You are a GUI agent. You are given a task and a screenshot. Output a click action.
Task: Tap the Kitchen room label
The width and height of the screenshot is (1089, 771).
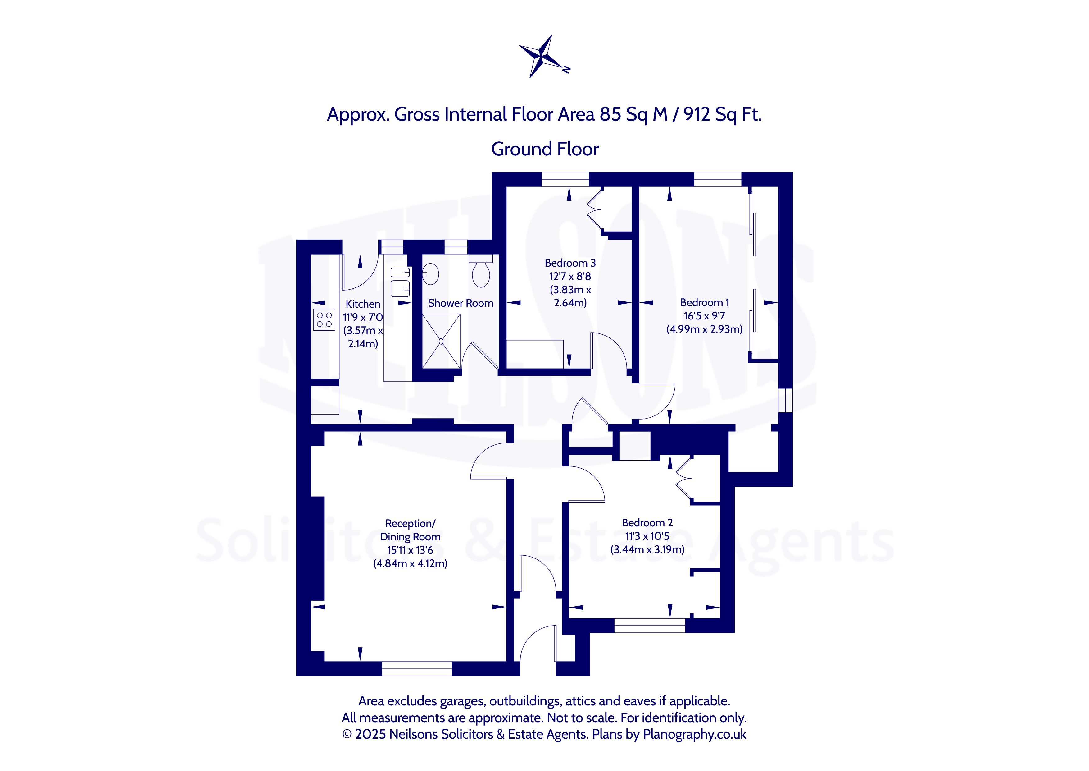(x=363, y=304)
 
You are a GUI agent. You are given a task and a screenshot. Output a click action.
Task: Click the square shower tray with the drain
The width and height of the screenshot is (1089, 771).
(x=441, y=341)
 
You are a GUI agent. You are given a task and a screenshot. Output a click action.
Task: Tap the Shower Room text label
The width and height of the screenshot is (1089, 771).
(x=461, y=303)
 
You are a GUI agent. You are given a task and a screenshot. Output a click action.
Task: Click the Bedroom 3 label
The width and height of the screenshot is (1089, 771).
(x=570, y=263)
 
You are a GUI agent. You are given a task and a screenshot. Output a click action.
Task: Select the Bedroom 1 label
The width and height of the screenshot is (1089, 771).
(x=704, y=302)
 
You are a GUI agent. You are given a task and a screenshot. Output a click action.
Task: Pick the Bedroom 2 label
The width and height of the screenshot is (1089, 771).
(x=647, y=523)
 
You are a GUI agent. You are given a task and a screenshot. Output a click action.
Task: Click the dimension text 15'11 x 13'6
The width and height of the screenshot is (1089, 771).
(x=410, y=550)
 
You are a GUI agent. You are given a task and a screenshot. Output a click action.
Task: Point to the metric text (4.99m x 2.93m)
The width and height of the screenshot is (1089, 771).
(x=704, y=329)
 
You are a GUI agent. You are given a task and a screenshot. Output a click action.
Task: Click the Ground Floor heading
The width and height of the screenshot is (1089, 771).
(x=545, y=149)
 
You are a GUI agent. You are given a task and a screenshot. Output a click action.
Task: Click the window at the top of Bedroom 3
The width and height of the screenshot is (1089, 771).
(x=565, y=179)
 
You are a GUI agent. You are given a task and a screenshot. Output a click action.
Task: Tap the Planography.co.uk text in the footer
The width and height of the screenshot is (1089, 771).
(x=694, y=734)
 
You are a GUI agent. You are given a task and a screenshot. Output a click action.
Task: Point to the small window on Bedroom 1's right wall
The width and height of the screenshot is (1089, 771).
(x=785, y=400)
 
